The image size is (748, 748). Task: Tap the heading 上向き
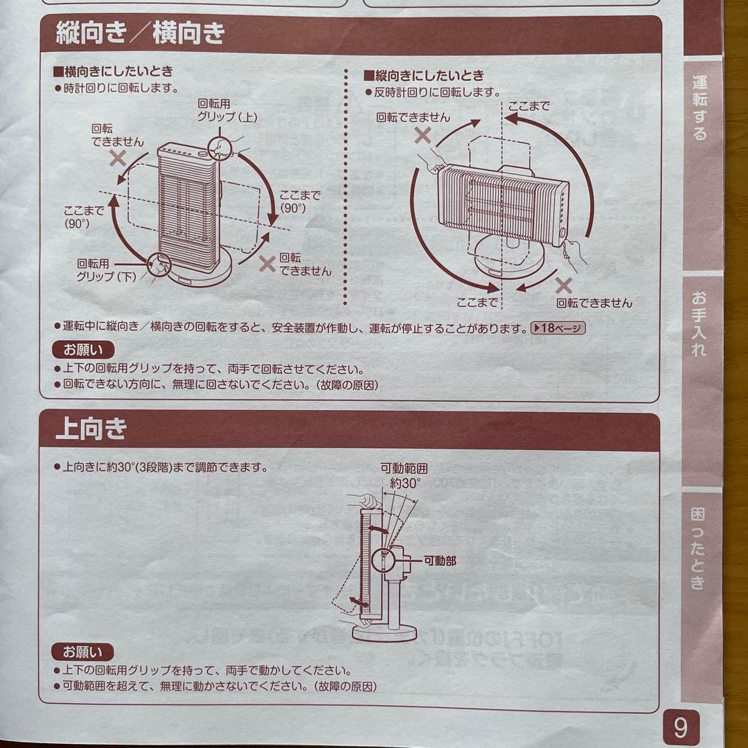[91, 429]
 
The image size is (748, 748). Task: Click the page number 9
[680, 727]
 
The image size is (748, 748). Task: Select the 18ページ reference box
[558, 328]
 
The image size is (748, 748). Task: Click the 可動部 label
[440, 560]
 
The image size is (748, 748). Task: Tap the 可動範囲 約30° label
[404, 477]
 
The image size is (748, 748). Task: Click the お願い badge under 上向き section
[82, 652]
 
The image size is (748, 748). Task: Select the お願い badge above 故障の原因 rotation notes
[82, 350]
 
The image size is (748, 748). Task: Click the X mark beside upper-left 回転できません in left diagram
[117, 157]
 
